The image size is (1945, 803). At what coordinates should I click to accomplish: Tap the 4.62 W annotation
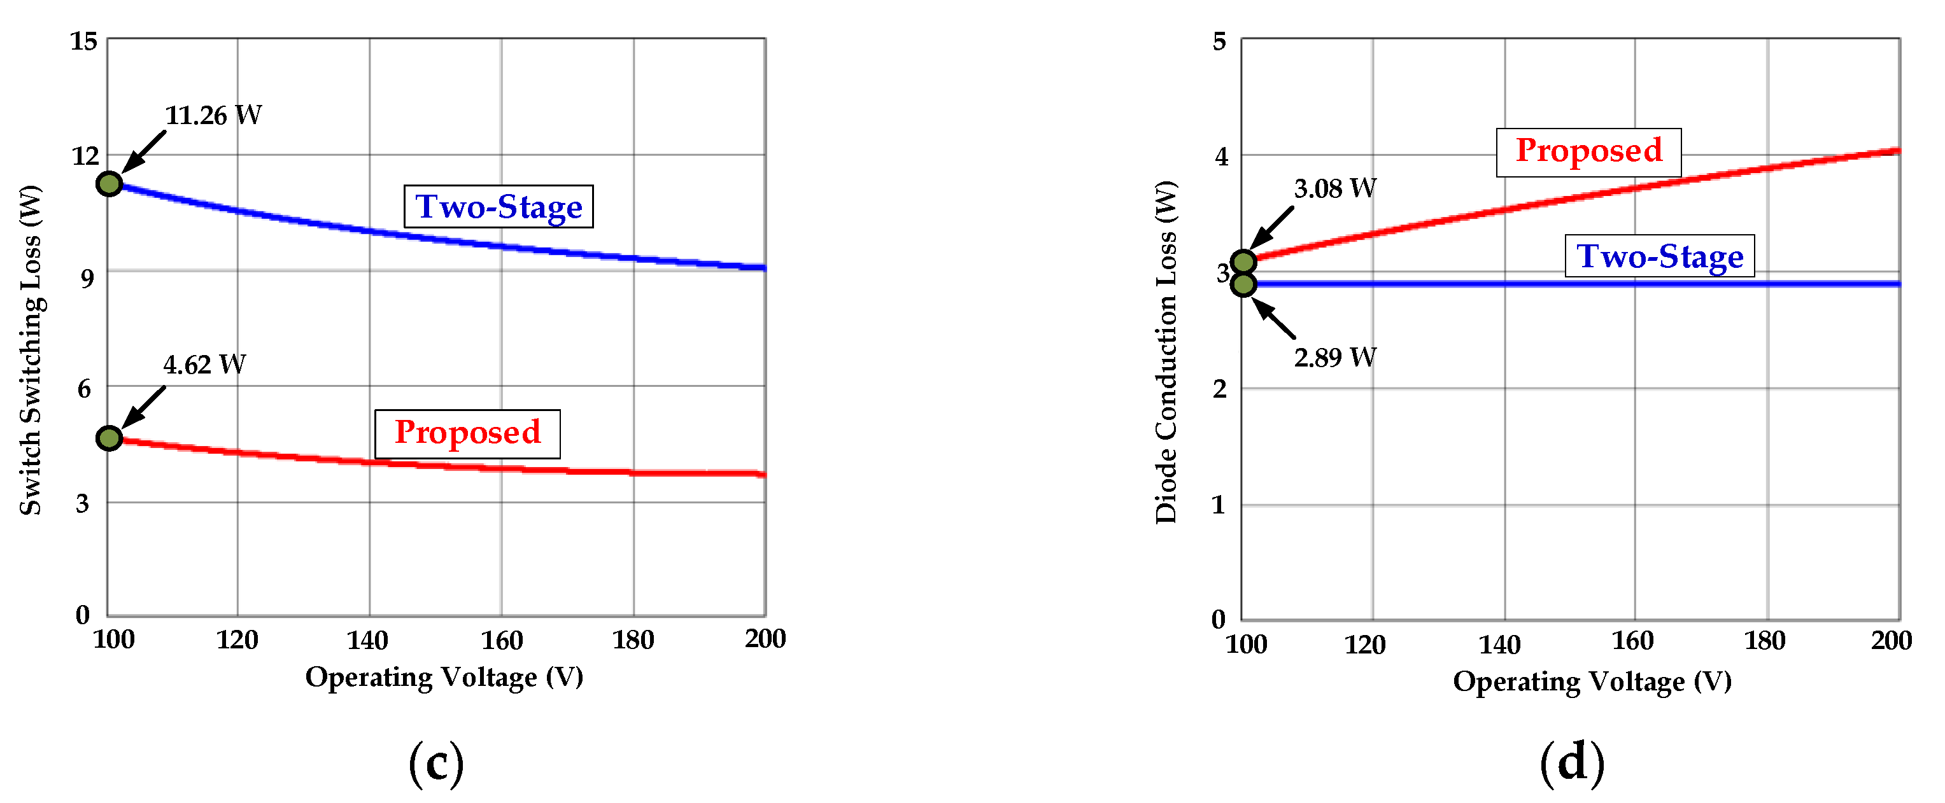[x=204, y=365]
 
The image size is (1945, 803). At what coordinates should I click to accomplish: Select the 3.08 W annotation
[x=1334, y=189]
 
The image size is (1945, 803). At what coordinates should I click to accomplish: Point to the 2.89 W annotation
[x=1334, y=357]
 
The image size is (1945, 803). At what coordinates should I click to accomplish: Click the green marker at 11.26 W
[x=110, y=183]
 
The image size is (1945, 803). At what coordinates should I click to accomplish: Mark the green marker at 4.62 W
[x=110, y=438]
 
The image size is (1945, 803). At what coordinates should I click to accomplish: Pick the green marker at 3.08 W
[x=1243, y=262]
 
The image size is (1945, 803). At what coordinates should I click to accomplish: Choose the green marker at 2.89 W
[x=1243, y=284]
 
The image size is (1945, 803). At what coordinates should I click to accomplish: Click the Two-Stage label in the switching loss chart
[x=499, y=206]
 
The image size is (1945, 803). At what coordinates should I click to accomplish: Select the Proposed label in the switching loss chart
[x=467, y=433]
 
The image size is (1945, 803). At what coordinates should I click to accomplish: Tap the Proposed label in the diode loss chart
[x=1588, y=151]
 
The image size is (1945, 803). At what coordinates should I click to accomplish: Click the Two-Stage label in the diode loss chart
[x=1659, y=256]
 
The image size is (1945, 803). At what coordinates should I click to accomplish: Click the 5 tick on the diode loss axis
[x=1219, y=41]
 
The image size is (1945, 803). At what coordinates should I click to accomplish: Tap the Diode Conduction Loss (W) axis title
[x=1166, y=353]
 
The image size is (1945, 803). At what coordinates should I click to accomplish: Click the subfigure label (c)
[x=435, y=763]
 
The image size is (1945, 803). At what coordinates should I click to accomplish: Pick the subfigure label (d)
[x=1571, y=763]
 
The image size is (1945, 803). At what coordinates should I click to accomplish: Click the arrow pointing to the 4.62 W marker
[x=143, y=407]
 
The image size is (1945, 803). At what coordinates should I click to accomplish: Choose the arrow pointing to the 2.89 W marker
[x=1274, y=318]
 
